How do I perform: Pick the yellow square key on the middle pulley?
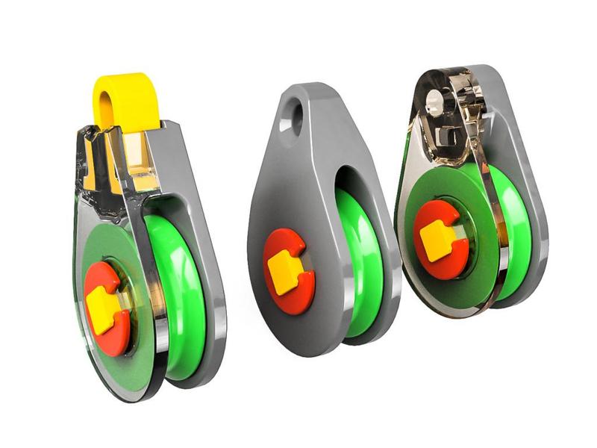point(284,273)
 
